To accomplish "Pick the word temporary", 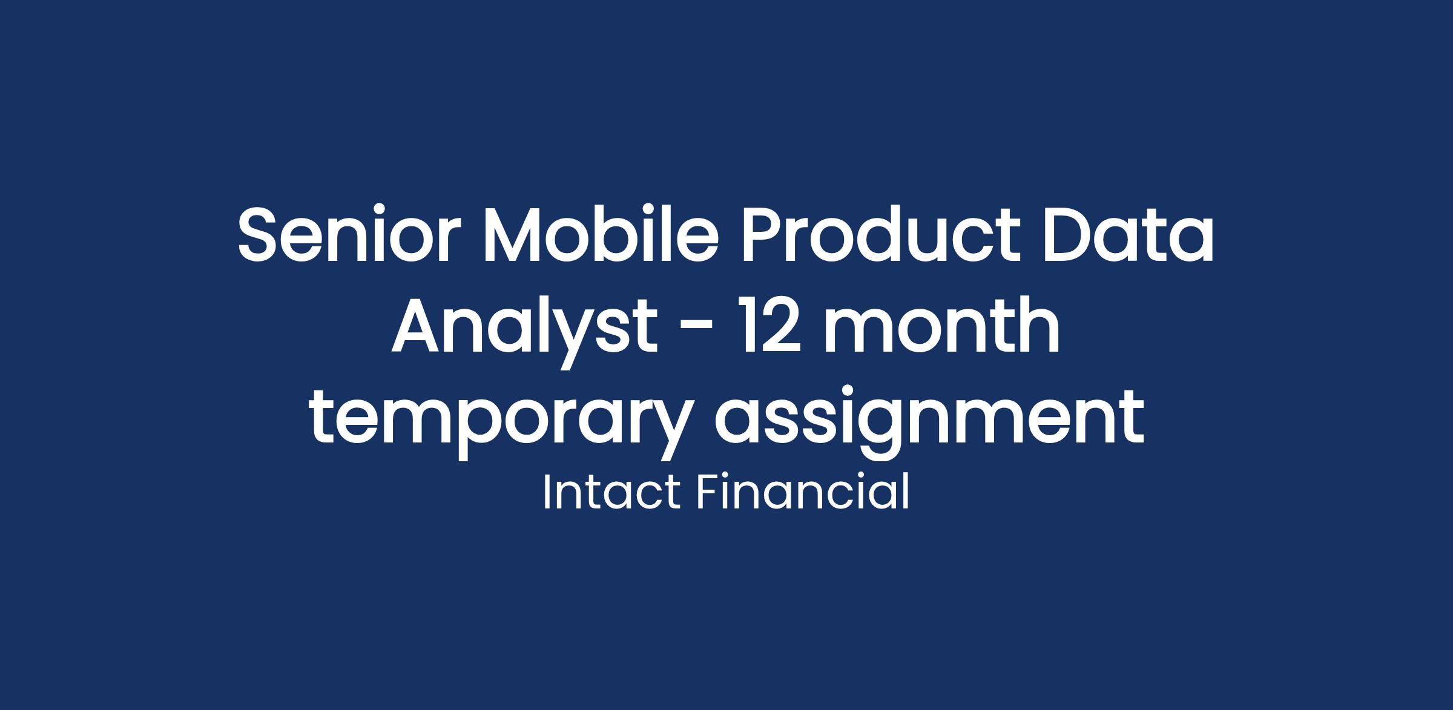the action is point(498,422).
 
